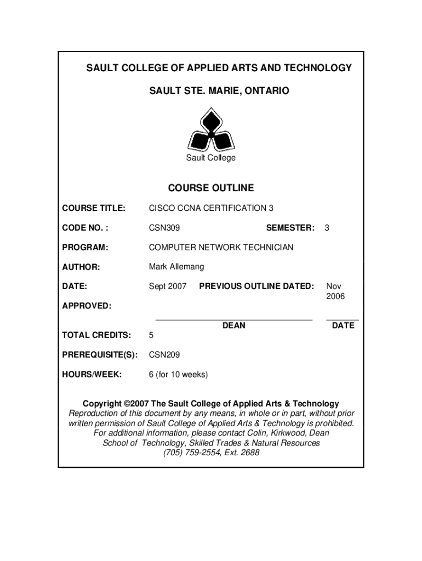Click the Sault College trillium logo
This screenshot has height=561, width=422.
[x=211, y=130]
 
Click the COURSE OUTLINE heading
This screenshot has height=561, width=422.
[x=211, y=188]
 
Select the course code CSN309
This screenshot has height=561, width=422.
[x=164, y=227]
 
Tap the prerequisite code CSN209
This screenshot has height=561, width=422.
[x=164, y=355]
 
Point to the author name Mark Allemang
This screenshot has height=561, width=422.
[x=176, y=267]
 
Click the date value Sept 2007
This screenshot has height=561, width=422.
[x=168, y=286]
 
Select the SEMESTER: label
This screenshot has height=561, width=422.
[x=290, y=227]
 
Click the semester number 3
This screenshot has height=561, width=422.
[x=327, y=227]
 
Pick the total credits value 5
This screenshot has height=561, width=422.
[x=152, y=335]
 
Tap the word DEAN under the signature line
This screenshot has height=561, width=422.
[x=234, y=325]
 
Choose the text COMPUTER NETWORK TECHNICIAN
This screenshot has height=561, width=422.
[x=221, y=247]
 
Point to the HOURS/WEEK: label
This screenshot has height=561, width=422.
[x=92, y=375]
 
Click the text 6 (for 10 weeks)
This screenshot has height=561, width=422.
[x=179, y=375]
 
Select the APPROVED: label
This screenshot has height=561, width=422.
[x=87, y=306]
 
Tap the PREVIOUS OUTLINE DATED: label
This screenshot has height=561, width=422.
[x=256, y=286]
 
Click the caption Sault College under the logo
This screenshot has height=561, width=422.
[x=211, y=158]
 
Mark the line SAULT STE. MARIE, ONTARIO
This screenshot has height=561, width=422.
[x=211, y=90]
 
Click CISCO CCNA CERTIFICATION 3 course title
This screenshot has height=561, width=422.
[x=211, y=208]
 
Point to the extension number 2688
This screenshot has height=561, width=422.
[x=250, y=453]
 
